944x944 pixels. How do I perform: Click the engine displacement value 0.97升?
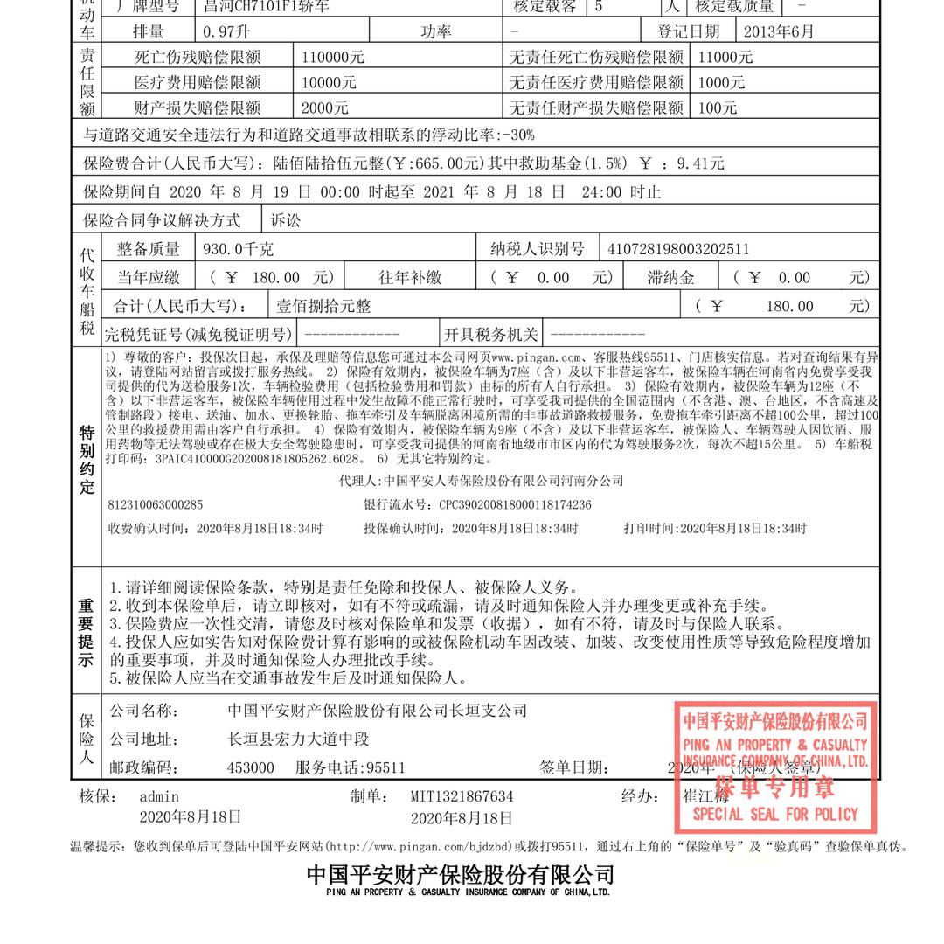(x=226, y=32)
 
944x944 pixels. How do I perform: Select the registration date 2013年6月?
(x=778, y=32)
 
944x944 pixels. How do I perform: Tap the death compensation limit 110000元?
(x=333, y=58)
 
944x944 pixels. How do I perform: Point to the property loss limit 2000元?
(x=325, y=108)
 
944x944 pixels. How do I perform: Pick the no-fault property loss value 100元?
(x=718, y=108)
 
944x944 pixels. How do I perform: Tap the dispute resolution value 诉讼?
(x=285, y=220)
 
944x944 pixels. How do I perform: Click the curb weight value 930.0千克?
(x=238, y=249)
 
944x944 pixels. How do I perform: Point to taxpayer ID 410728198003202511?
(x=678, y=249)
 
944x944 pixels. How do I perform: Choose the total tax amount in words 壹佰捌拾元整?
(x=323, y=306)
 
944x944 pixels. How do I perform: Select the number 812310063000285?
(x=155, y=505)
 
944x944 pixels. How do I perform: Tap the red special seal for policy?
(x=775, y=767)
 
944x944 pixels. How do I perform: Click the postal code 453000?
(x=250, y=768)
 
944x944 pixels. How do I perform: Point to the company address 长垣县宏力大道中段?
(x=298, y=739)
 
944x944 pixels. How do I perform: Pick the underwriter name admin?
(x=159, y=796)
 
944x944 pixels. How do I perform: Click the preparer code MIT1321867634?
(x=462, y=796)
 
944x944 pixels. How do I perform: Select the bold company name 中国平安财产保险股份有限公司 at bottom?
(x=460, y=875)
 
